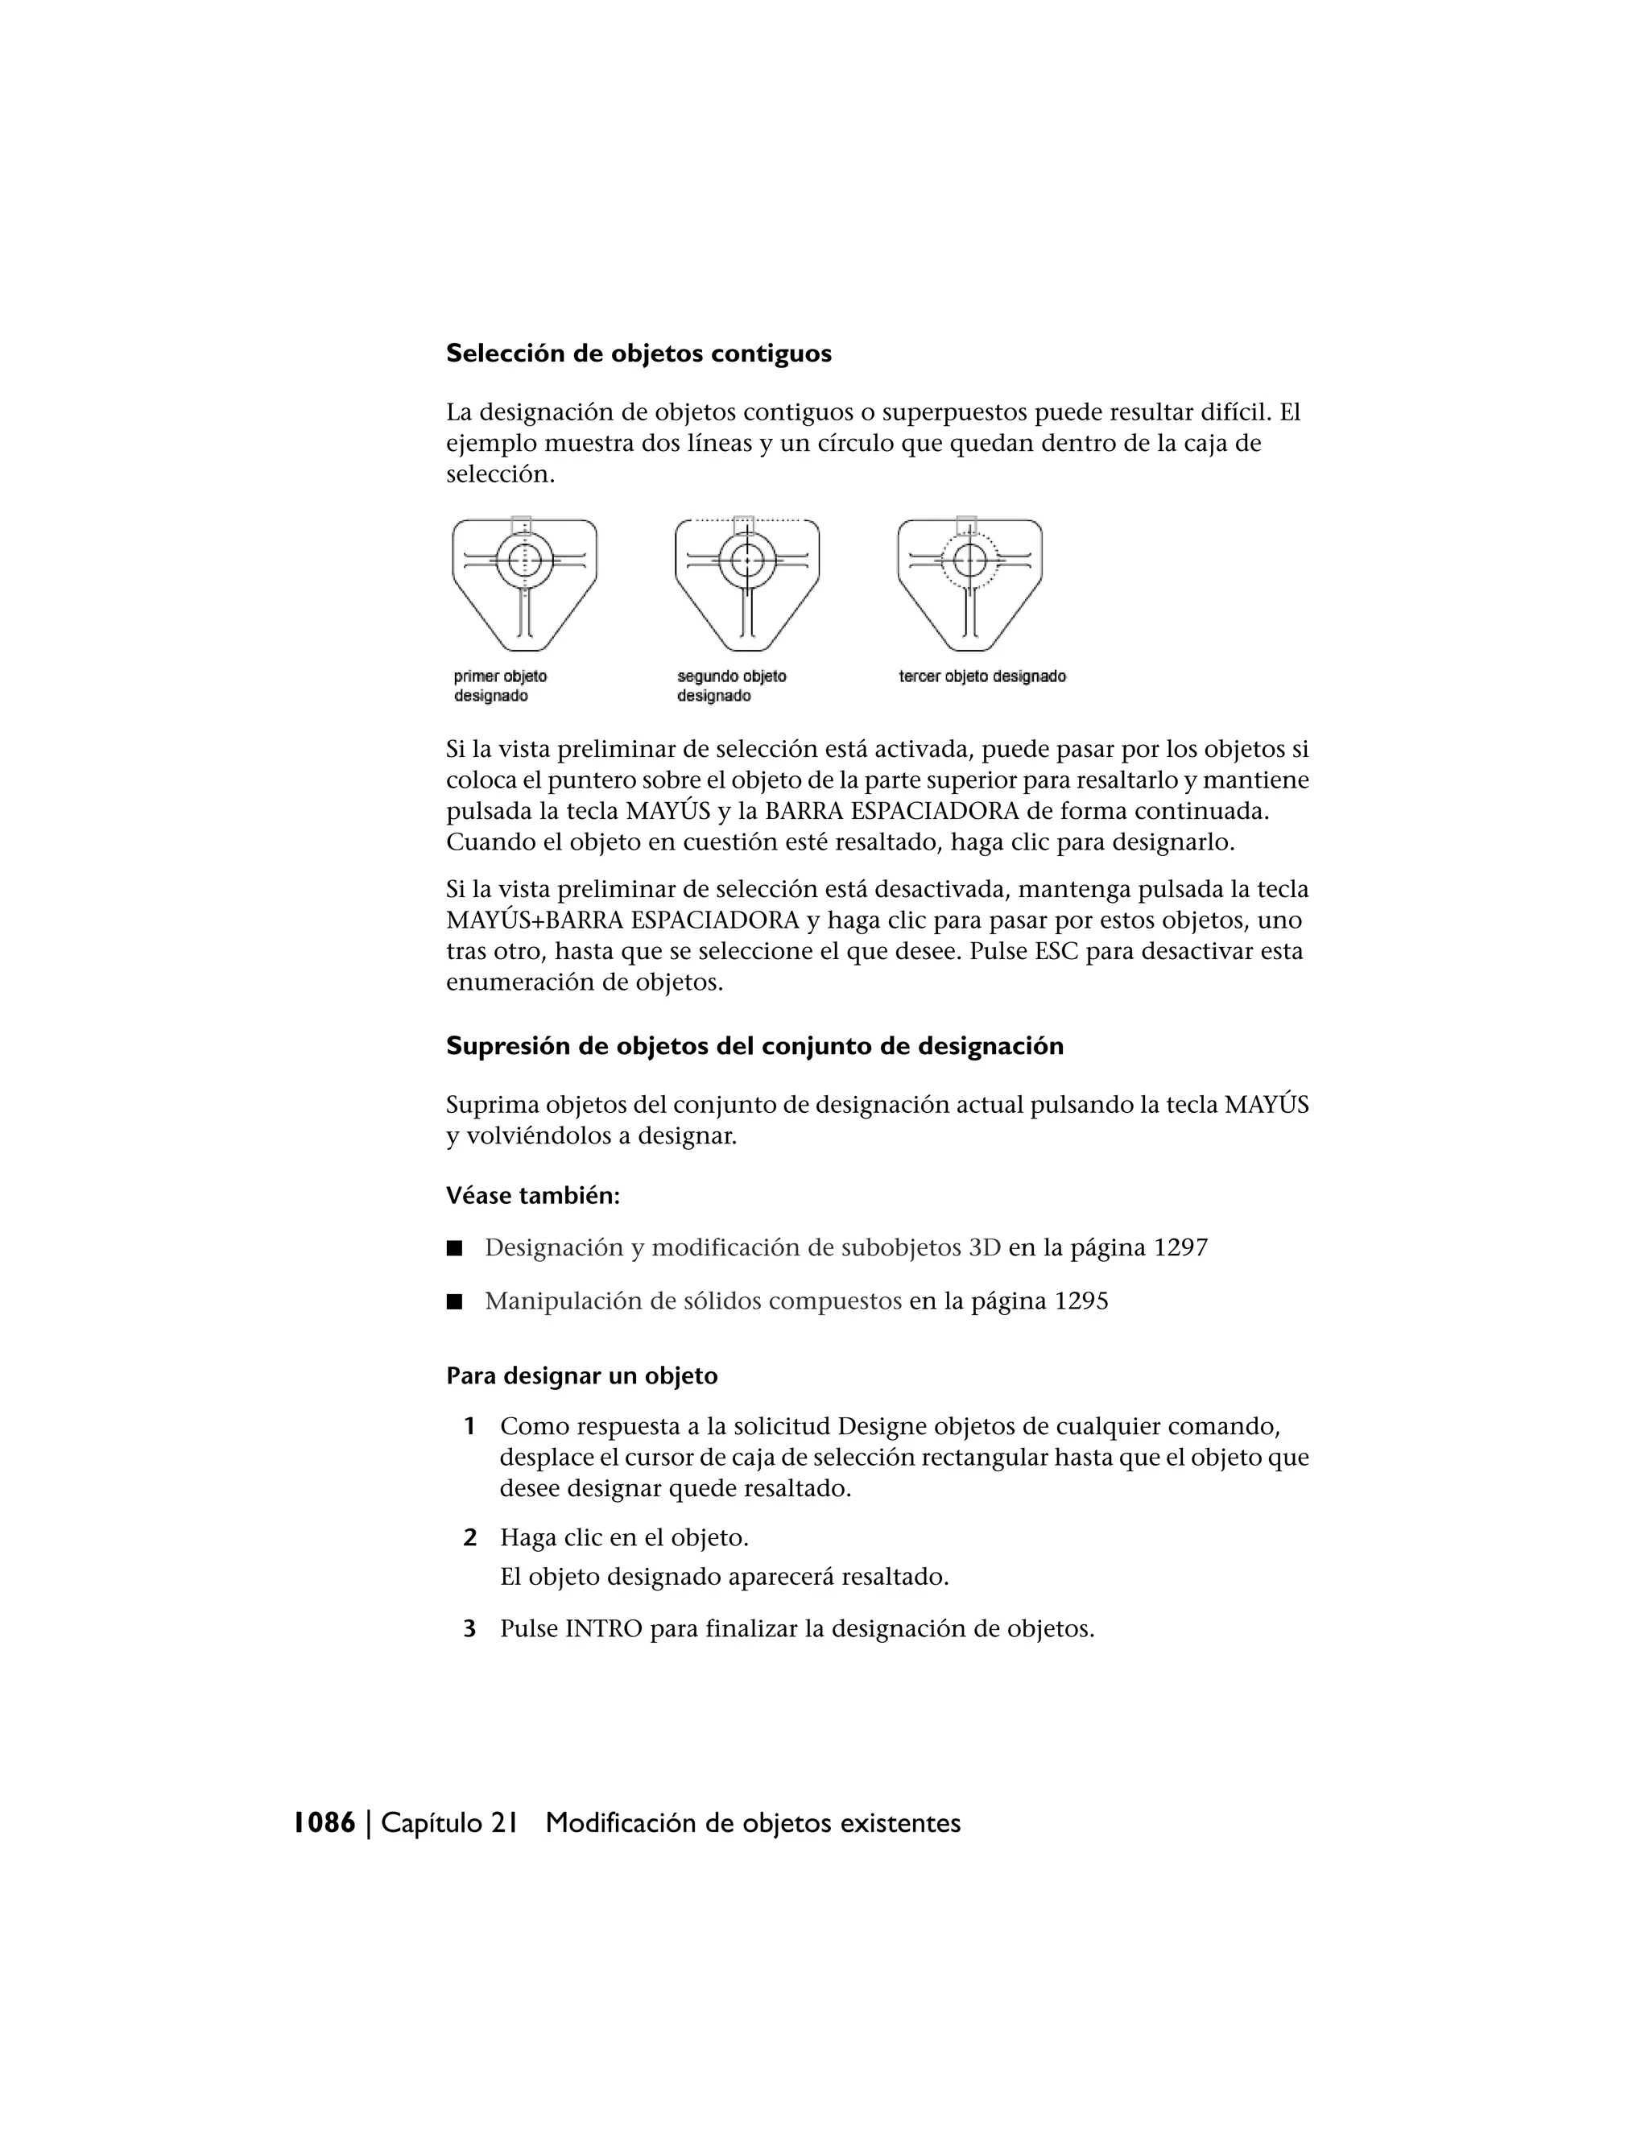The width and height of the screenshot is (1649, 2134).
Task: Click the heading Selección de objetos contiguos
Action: point(638,354)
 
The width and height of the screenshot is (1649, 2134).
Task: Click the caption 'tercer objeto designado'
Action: point(982,676)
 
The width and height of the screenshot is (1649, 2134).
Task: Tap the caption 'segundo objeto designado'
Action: point(731,686)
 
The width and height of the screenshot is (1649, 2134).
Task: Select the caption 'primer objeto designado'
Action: point(500,686)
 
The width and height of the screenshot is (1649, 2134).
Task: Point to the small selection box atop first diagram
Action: point(522,525)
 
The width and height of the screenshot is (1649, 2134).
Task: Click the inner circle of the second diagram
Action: point(747,560)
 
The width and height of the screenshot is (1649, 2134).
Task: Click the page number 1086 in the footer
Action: point(324,1823)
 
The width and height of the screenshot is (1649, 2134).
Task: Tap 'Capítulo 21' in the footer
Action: point(448,1823)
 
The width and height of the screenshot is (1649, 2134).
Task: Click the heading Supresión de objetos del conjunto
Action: point(754,1047)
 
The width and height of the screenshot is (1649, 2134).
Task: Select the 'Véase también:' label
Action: point(532,1196)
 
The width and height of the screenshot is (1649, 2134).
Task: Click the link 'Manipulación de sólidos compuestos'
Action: point(692,1301)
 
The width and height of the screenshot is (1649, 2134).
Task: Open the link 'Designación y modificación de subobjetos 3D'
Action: point(742,1247)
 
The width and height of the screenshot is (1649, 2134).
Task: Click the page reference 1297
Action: point(1180,1247)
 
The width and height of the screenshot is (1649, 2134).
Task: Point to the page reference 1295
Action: point(1081,1301)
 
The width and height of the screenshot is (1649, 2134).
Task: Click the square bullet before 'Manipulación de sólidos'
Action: point(453,1301)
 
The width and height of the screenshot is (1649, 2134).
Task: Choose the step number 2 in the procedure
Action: point(470,1538)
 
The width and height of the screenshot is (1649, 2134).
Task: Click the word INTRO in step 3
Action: point(604,1630)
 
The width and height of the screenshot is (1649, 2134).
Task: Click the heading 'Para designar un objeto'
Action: point(581,1377)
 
